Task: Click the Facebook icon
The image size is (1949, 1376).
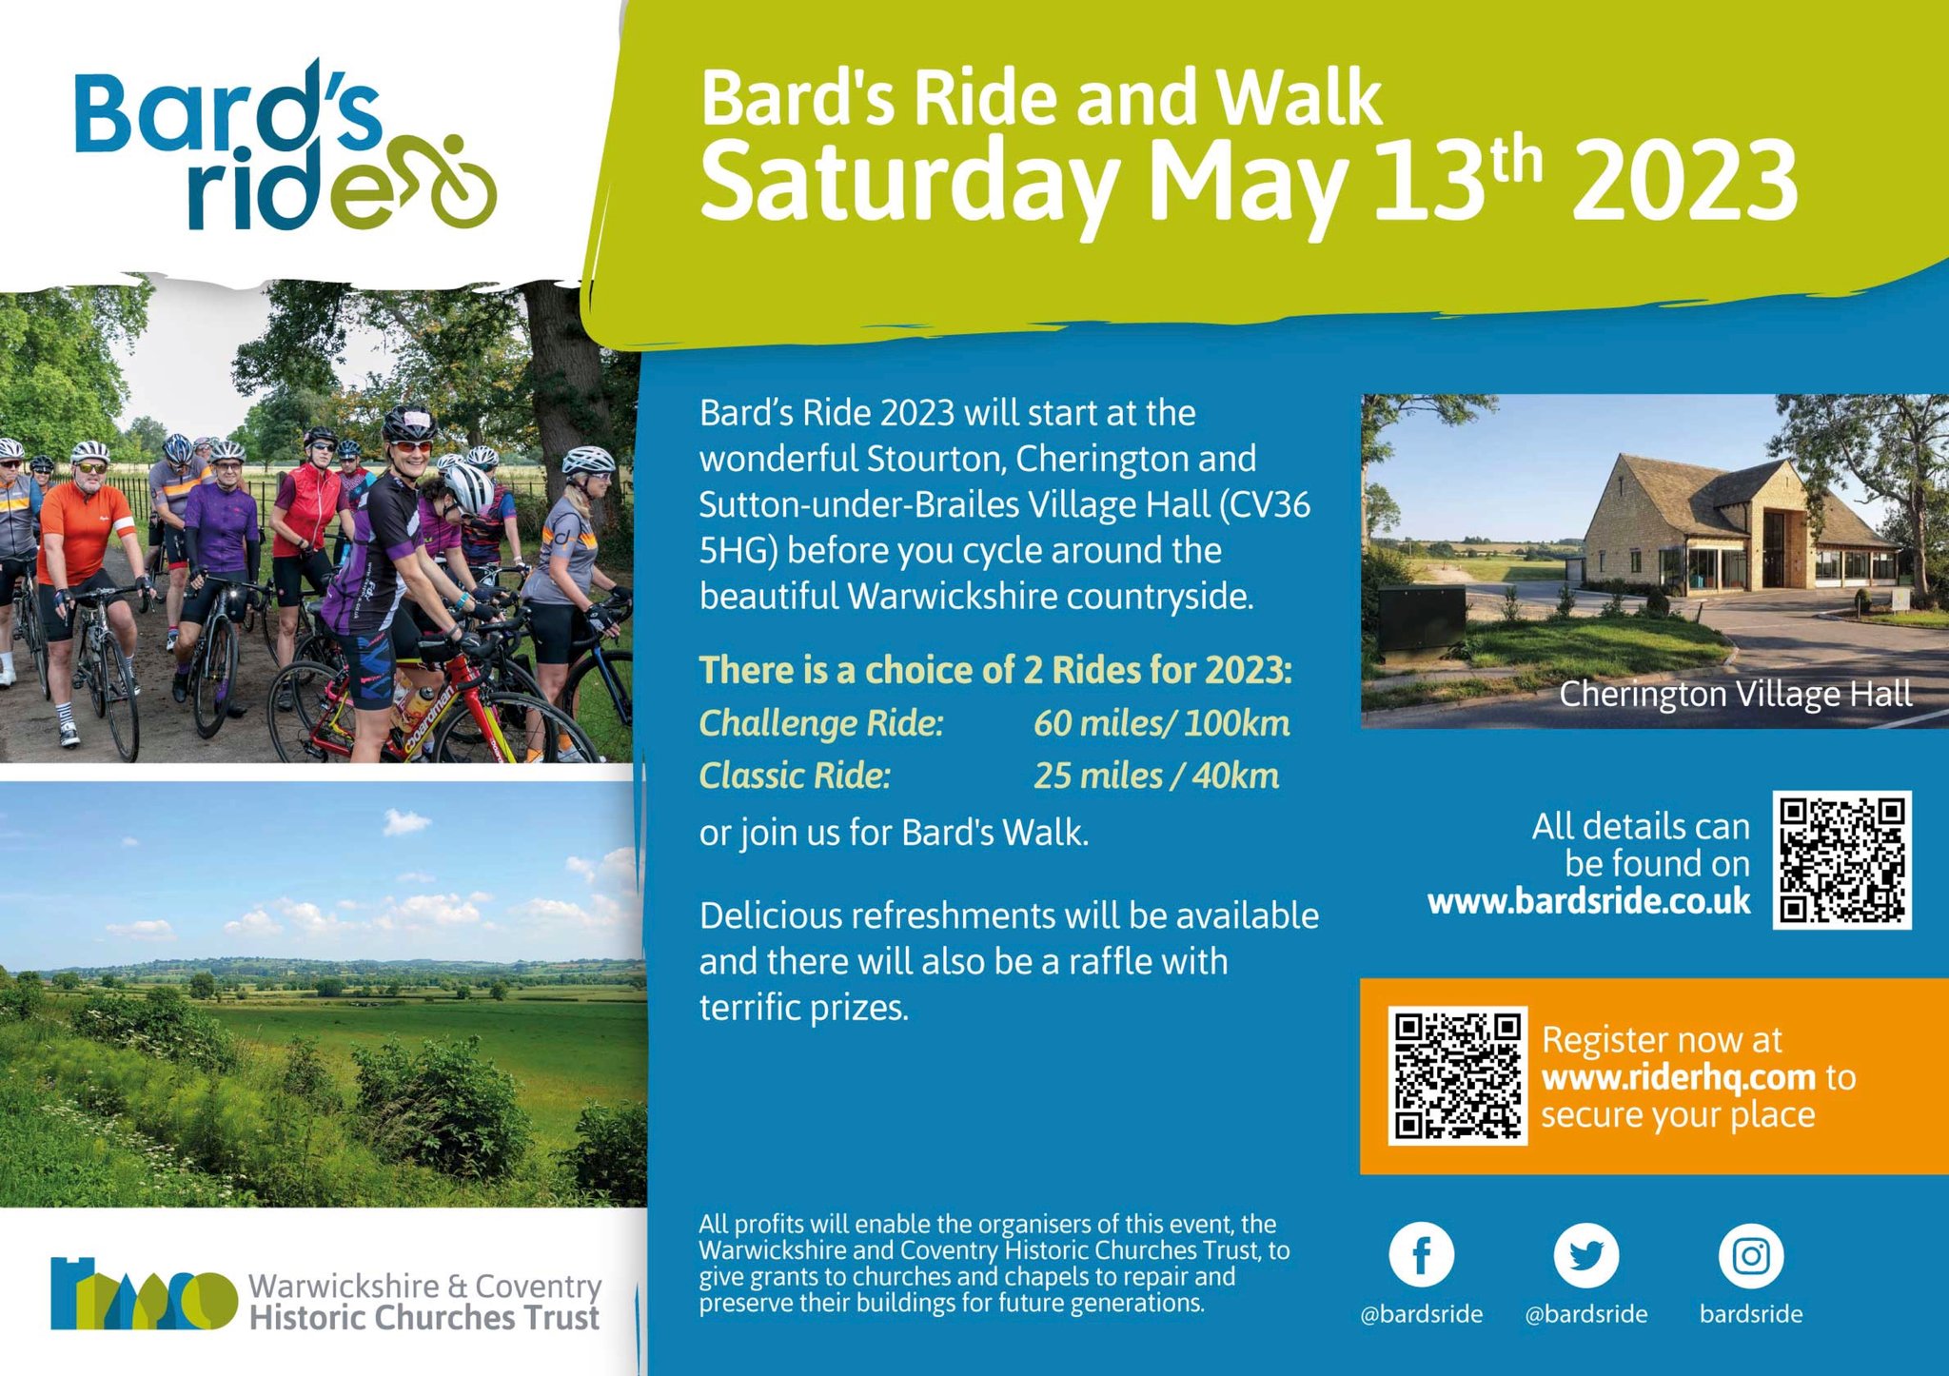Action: (x=1421, y=1255)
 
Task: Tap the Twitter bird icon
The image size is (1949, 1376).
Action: (x=1585, y=1255)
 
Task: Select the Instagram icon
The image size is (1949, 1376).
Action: (x=1750, y=1255)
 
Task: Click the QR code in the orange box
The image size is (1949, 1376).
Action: (x=1457, y=1075)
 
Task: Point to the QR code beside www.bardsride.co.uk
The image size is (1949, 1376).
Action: (x=1841, y=859)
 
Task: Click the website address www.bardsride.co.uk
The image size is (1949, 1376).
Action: (x=1588, y=901)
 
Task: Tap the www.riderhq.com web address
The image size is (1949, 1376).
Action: (x=1679, y=1077)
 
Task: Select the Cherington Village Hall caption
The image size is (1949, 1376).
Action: (x=1735, y=694)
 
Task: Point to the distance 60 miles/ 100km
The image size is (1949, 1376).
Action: (x=1161, y=723)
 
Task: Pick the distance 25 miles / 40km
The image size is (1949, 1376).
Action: (x=1155, y=776)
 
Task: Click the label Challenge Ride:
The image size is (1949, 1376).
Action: (x=821, y=723)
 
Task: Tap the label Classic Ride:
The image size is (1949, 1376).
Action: (x=795, y=776)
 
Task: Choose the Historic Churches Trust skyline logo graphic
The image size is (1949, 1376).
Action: (x=143, y=1295)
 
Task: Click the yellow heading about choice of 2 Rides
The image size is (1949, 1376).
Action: (x=995, y=670)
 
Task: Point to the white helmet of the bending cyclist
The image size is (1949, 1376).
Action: (x=469, y=487)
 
